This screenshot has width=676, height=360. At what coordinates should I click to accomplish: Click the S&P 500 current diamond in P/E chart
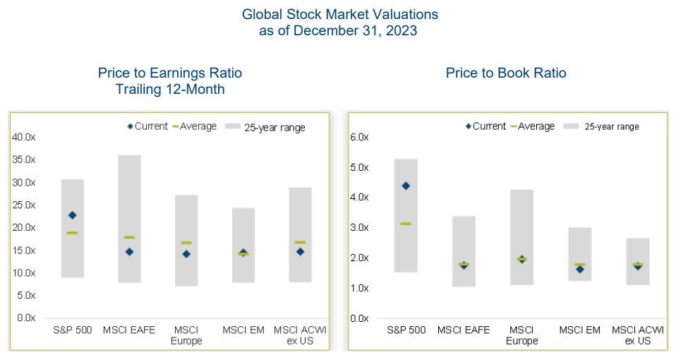pyautogui.click(x=72, y=215)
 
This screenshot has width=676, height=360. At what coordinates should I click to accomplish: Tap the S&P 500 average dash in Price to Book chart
pyautogui.click(x=406, y=224)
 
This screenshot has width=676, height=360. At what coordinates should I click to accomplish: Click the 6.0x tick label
pyautogui.click(x=360, y=137)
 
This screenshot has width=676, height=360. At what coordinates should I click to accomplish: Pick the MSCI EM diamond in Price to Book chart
pyautogui.click(x=579, y=269)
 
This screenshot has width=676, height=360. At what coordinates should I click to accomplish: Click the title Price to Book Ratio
pyautogui.click(x=506, y=73)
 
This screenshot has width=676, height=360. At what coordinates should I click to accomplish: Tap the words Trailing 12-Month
pyautogui.click(x=169, y=89)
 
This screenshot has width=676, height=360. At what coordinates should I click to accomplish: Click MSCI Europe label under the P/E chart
pyautogui.click(x=186, y=335)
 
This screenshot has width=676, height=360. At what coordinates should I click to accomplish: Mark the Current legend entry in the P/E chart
pyautogui.click(x=147, y=126)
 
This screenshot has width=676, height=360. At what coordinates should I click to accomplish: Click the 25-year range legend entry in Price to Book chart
pyautogui.click(x=605, y=126)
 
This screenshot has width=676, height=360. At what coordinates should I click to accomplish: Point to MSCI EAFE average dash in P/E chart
pyautogui.click(x=129, y=237)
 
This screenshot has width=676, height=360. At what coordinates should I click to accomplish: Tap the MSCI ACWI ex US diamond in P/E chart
pyautogui.click(x=300, y=251)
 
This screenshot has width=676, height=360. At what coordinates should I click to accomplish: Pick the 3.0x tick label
pyautogui.click(x=360, y=227)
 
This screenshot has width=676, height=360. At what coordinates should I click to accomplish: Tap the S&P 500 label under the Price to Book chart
pyautogui.click(x=405, y=330)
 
